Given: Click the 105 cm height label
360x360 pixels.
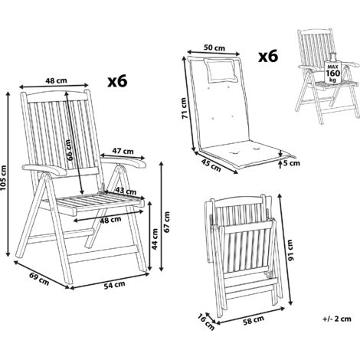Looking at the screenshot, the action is click(4, 178).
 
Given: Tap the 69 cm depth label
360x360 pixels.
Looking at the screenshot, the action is click(39, 279).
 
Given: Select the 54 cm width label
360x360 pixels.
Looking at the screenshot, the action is click(114, 285).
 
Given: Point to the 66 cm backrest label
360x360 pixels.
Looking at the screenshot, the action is click(69, 150).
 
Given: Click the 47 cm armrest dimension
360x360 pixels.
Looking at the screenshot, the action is click(123, 151).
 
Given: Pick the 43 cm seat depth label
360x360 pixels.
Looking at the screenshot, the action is click(126, 191).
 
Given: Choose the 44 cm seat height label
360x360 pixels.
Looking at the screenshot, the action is click(155, 239).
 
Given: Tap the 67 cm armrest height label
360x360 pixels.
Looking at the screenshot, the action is click(167, 222).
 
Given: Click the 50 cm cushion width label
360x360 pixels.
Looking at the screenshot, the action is click(214, 47).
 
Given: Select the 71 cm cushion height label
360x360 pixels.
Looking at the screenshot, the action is click(185, 108).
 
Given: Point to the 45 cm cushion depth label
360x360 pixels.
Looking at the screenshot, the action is click(211, 165).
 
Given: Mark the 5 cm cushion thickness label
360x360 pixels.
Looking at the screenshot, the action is click(292, 163).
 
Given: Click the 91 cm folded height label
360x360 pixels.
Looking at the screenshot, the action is click(290, 250).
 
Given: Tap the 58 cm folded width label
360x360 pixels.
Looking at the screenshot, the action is click(254, 320).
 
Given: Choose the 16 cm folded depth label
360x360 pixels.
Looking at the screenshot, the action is click(206, 322).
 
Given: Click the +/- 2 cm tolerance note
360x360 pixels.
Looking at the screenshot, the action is click(337, 319).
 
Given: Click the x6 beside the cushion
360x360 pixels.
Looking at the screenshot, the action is click(268, 56).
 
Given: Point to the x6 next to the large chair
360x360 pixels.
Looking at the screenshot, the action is click(117, 81).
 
